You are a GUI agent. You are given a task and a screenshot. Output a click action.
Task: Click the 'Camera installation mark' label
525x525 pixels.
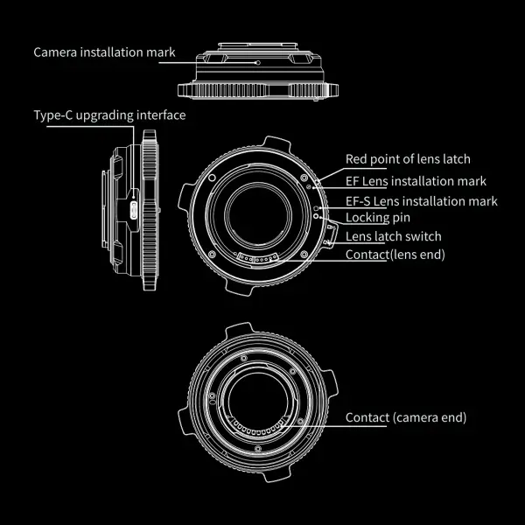[x=104, y=52]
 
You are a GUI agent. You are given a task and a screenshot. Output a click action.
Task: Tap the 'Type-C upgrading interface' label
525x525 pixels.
[x=110, y=115]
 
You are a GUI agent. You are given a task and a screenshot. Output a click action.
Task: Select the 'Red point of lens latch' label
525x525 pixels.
[x=408, y=159]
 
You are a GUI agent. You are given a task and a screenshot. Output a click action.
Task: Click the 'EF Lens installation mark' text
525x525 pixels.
[x=416, y=181]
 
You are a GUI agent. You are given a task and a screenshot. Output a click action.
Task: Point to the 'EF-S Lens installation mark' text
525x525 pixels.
[x=422, y=201]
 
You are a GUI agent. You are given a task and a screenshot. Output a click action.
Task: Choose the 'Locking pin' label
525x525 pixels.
[x=378, y=218]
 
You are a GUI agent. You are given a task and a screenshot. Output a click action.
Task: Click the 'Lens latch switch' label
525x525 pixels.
[x=394, y=236]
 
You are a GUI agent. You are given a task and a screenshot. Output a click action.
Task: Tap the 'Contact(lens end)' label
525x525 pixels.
[x=395, y=255]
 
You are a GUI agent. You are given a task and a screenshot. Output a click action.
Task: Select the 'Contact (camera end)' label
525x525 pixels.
[x=406, y=417]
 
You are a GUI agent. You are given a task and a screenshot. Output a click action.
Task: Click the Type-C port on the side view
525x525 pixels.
[x=134, y=210]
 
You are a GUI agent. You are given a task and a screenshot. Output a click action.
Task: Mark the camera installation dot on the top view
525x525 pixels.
[x=258, y=63]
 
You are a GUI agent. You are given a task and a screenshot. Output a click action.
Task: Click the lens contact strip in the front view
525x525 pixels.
[x=257, y=258]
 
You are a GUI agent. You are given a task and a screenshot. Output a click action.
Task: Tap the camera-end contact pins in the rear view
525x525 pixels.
[x=258, y=428]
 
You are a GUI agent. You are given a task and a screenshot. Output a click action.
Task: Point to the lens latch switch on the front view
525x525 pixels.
[x=332, y=234]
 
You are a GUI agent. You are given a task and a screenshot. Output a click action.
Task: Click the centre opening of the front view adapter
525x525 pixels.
[x=258, y=216]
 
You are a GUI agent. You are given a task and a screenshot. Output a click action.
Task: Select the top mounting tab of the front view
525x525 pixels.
[x=276, y=143]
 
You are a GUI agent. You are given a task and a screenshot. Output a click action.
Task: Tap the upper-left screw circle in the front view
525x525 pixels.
[x=212, y=178]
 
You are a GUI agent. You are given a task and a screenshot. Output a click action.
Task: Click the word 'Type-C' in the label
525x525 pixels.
[x=53, y=115]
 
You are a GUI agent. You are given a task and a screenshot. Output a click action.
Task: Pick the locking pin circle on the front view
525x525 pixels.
[x=316, y=216]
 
